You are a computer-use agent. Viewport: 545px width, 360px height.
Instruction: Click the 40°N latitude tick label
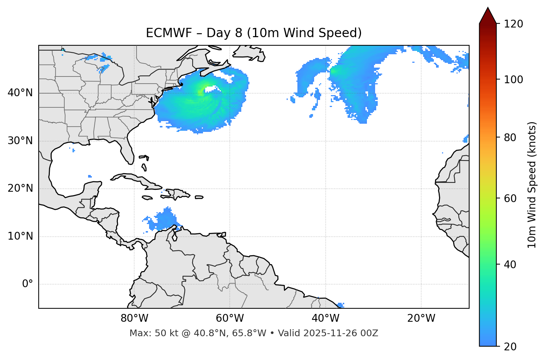[x=20, y=93]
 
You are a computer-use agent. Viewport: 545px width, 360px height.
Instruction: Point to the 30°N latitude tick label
[x=20, y=141]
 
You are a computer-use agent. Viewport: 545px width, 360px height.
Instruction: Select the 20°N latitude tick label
[x=20, y=188]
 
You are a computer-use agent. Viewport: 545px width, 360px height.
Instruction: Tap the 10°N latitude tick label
[x=20, y=236]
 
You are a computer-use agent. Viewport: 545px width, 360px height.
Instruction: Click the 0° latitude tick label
[x=28, y=284]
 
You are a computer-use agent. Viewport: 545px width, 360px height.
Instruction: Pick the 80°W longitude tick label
[x=134, y=318]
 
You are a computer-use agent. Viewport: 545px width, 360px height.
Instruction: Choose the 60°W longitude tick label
[x=230, y=318]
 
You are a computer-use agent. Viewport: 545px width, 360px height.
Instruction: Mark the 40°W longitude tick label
[x=325, y=318]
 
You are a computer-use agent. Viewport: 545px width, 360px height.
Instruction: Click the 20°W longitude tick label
[x=421, y=318]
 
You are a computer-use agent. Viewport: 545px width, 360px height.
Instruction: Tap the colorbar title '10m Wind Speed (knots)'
[x=532, y=185]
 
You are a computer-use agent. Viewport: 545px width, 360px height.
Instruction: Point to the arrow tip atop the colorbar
[x=488, y=8]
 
